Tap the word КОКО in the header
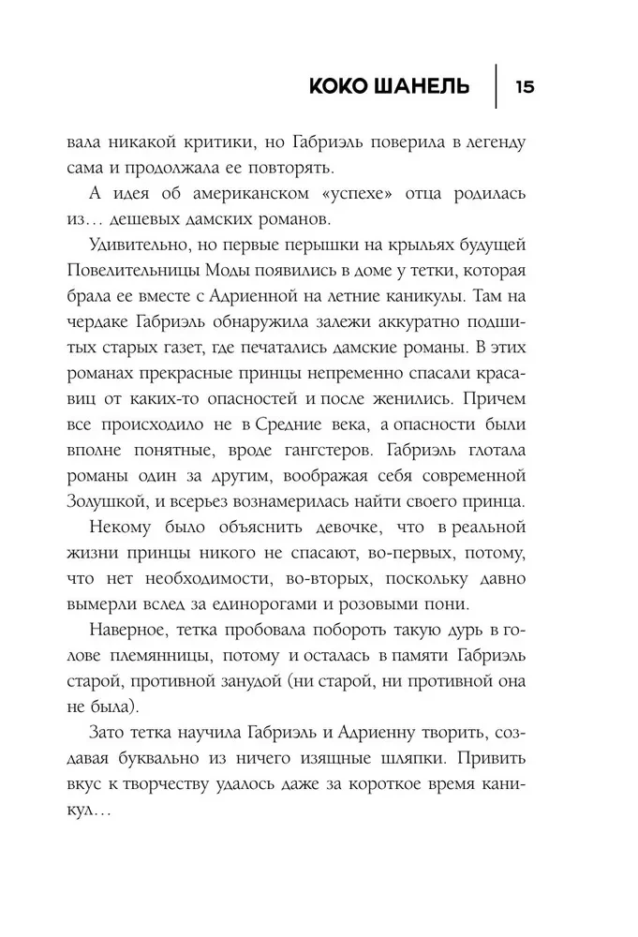[346, 88]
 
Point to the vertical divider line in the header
[494, 87]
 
